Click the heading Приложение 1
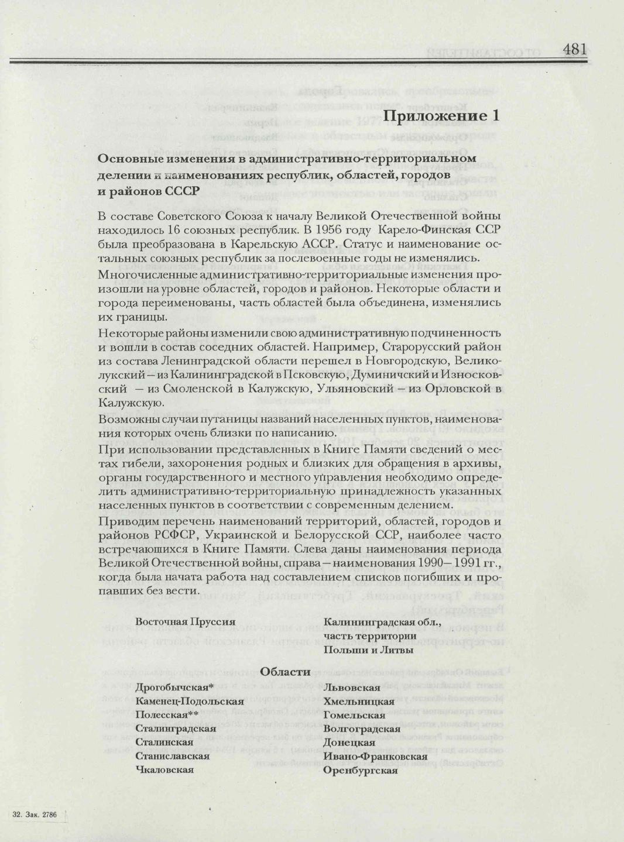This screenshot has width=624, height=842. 441,116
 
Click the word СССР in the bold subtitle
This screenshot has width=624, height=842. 183,191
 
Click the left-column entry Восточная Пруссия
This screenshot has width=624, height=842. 185,622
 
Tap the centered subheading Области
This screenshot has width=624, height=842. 285,672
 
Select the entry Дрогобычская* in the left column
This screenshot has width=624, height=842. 174,688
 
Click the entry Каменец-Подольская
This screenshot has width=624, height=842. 190,701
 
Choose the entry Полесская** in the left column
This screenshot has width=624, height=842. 167,714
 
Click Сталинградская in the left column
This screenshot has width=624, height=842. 176,728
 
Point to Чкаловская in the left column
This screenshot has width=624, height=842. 164,769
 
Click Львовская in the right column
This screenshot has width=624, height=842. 352,688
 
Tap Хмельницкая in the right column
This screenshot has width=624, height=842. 359,701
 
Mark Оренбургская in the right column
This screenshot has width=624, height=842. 361,770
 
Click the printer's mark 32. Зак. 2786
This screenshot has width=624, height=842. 35,814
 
